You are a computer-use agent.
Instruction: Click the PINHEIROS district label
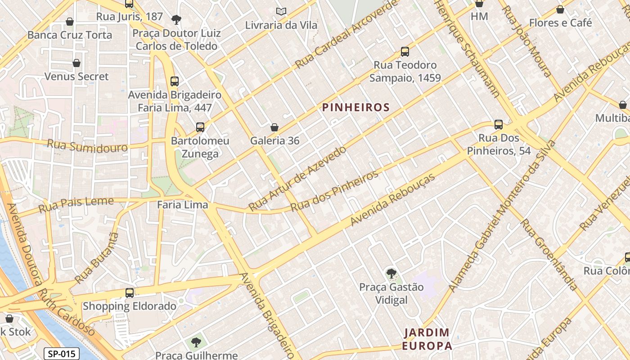coord(355,108)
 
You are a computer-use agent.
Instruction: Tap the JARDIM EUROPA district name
coord(427,339)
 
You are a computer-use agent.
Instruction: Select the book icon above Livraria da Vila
coord(281,11)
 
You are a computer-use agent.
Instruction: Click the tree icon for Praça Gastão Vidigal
coord(391,273)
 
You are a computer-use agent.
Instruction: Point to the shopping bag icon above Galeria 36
coord(274,127)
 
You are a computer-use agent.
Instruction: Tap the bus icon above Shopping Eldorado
coord(130,293)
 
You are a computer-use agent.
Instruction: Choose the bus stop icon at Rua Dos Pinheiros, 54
coord(498,125)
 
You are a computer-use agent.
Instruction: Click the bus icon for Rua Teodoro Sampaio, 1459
coord(405,52)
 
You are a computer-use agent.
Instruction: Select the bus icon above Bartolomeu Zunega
coord(200,127)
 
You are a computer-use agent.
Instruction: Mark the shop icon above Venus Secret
coord(76,63)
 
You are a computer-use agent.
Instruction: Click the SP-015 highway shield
coord(62,354)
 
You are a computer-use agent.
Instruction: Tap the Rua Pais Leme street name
coord(76,205)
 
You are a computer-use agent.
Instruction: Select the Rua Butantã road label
coord(96,258)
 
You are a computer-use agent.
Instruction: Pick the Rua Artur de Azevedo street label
coord(298,178)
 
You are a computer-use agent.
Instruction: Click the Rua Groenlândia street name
coord(549,255)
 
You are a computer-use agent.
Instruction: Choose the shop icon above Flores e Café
coord(560,9)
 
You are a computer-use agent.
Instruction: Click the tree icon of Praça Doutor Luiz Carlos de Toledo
coord(176,19)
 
